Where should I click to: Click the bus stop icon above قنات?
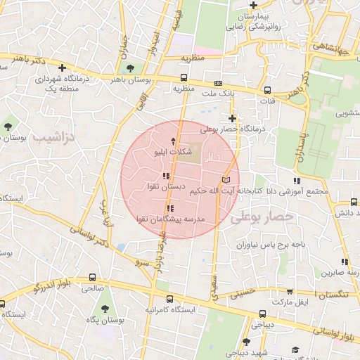[267, 89]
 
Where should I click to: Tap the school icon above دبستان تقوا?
[166, 176]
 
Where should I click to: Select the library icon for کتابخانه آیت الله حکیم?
[226, 179]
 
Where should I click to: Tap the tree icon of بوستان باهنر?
[129, 68]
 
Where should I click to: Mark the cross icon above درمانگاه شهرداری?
[63, 68]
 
